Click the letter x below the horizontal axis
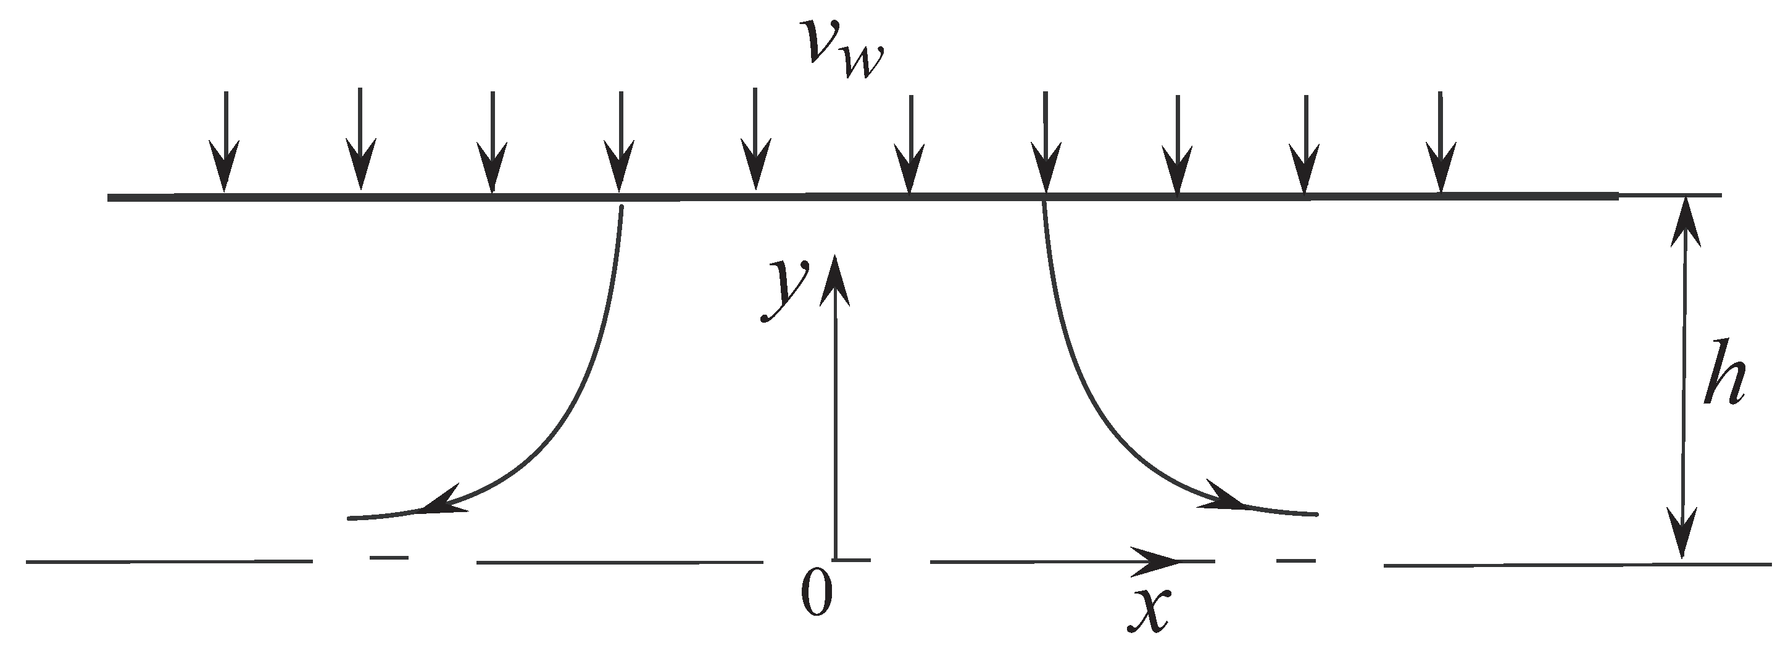(x=1149, y=611)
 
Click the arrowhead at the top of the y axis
(x=834, y=278)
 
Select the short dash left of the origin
(x=389, y=557)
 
